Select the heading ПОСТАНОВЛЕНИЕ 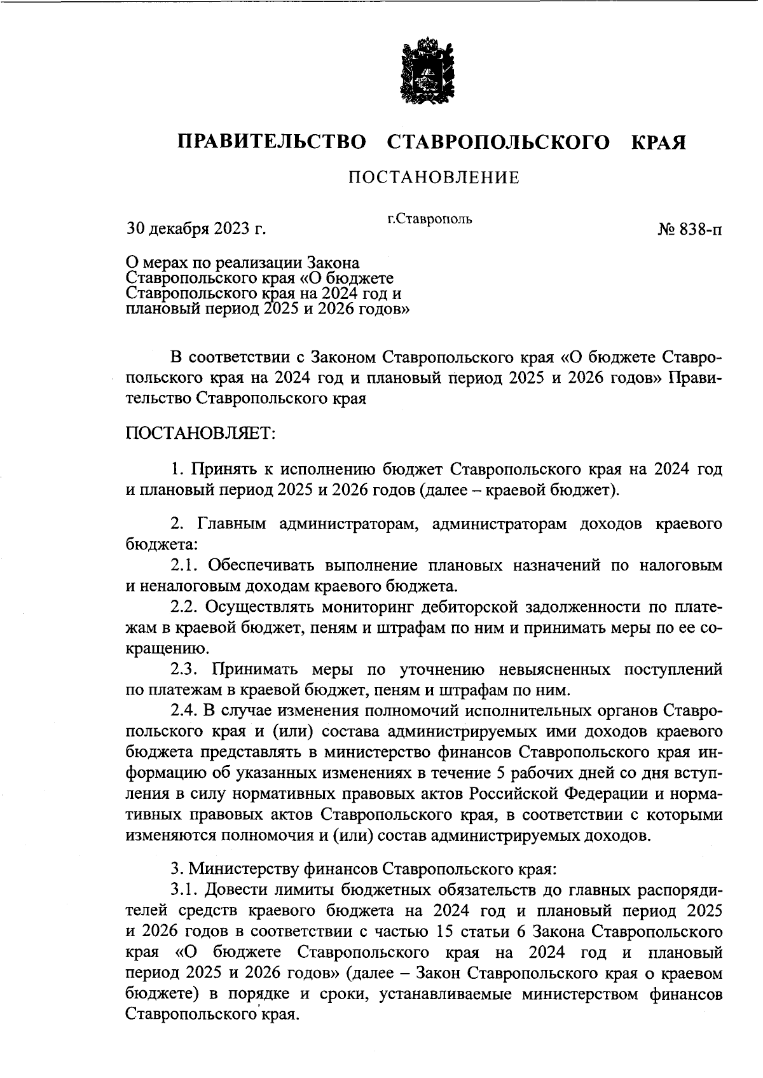(x=434, y=177)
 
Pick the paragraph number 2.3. (x=185, y=670)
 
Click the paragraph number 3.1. (x=185, y=888)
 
